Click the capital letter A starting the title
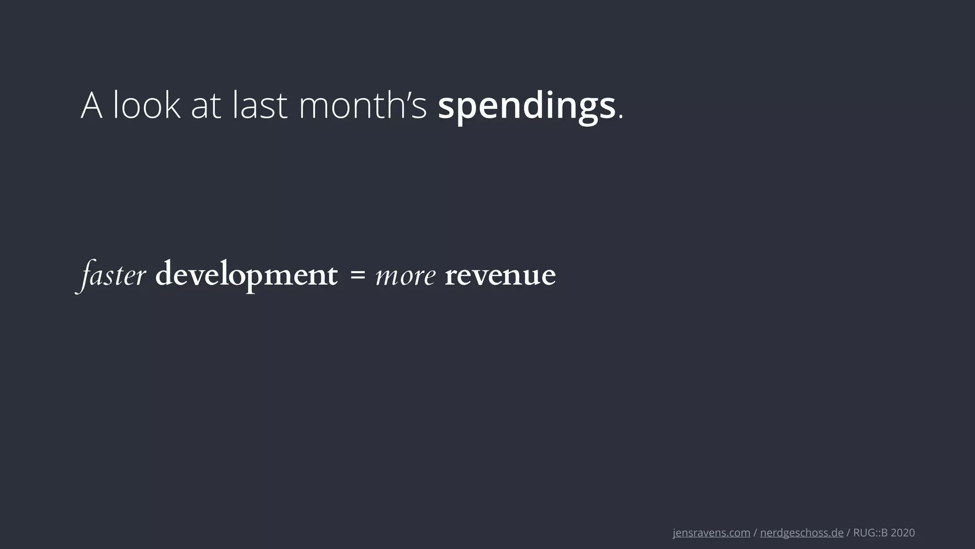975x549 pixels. coord(91,106)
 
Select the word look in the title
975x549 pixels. coord(147,106)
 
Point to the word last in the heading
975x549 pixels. coord(260,106)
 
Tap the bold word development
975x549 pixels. coord(246,275)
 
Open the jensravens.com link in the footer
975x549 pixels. coord(711,533)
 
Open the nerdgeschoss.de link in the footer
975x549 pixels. coord(802,533)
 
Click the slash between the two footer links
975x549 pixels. coord(755,533)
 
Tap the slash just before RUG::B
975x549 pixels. coord(848,533)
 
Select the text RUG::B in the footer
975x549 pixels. coord(870,533)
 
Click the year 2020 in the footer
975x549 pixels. coord(903,533)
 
